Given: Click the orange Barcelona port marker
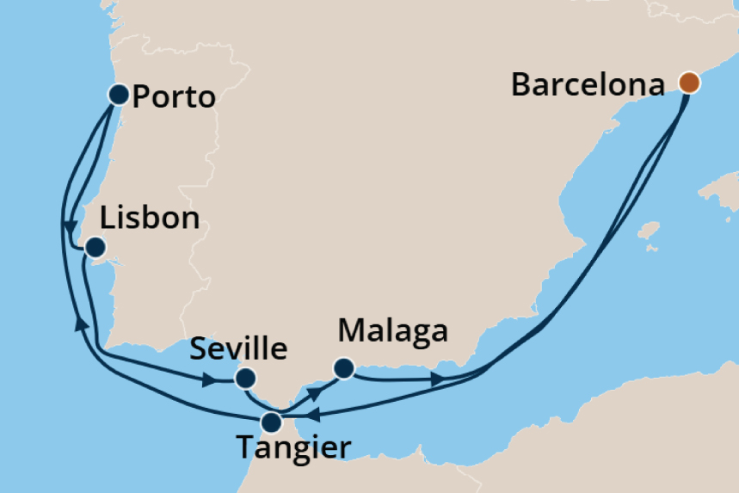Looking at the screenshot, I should [x=688, y=83].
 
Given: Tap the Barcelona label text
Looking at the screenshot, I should [x=588, y=85].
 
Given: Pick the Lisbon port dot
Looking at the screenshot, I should [x=95, y=249].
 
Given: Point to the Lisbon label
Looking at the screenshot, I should [x=150, y=218].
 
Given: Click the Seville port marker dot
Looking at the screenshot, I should [x=245, y=378].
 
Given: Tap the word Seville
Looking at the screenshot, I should [x=237, y=349].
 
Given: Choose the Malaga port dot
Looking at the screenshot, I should [x=343, y=368].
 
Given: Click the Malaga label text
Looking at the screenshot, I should [x=393, y=331].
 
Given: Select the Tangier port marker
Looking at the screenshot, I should [x=271, y=422].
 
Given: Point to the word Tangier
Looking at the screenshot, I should [x=293, y=448].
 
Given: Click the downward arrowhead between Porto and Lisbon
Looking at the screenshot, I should [x=66, y=226].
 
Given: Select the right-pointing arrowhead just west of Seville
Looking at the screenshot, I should [x=208, y=379].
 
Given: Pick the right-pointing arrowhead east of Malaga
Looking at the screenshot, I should [x=438, y=379].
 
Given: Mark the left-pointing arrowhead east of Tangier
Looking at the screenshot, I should [x=314, y=416].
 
